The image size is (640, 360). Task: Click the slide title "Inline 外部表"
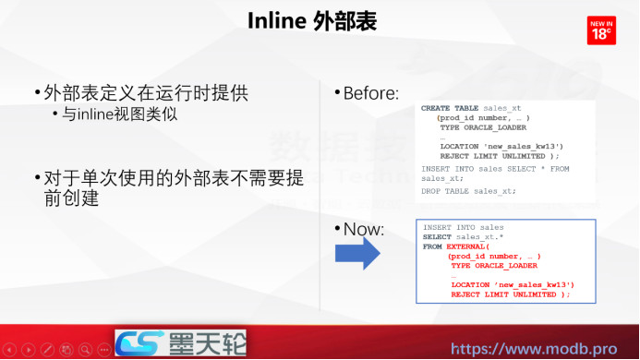point(312,21)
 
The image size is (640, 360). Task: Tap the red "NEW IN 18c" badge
point(601,30)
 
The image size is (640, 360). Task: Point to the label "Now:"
point(363,229)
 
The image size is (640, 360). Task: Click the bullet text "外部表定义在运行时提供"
point(145,93)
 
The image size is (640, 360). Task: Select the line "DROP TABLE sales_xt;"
point(468,191)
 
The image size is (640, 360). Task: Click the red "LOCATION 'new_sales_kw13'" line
point(513,284)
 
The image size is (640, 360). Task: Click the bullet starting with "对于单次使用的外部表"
point(166,176)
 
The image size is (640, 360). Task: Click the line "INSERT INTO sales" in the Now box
point(464,227)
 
